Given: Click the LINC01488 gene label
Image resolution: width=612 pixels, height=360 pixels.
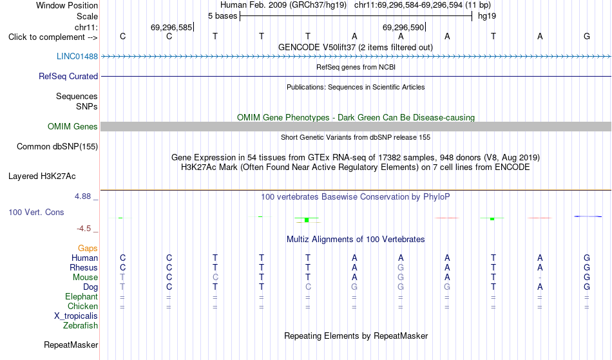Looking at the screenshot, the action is (x=77, y=56).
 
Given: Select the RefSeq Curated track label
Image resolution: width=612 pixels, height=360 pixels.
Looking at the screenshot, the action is (x=68, y=76).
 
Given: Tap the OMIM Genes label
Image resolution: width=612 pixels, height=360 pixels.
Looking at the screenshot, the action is (x=73, y=126).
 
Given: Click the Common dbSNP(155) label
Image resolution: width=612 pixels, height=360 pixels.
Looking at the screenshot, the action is (x=57, y=146).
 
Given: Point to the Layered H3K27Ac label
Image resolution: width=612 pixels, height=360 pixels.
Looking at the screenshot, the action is (x=42, y=176).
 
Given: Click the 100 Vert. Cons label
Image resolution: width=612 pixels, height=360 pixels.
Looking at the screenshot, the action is (x=36, y=212).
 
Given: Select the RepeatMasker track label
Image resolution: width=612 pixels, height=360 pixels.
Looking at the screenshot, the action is (x=71, y=345).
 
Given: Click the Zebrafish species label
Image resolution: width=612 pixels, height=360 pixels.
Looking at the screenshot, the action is (x=81, y=325).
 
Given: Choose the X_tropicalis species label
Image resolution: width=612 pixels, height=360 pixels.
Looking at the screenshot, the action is (x=76, y=316).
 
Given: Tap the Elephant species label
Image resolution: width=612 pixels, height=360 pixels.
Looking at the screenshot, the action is (x=81, y=296).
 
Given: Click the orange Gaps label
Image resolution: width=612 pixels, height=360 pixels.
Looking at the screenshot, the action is (x=88, y=248).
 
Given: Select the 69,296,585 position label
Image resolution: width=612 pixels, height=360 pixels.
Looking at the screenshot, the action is (x=171, y=27).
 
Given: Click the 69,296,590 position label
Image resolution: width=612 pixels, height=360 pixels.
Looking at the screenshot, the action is (x=403, y=27).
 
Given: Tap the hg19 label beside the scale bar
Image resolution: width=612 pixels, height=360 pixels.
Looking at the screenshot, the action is (x=487, y=16).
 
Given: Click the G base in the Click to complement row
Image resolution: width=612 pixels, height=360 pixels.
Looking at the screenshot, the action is (x=587, y=36).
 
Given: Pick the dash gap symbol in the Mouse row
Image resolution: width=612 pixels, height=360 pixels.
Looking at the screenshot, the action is (x=540, y=278).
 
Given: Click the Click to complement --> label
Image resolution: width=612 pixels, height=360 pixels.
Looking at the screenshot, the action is (x=53, y=37).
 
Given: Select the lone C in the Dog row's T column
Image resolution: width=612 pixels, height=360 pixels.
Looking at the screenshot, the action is (x=308, y=287).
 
